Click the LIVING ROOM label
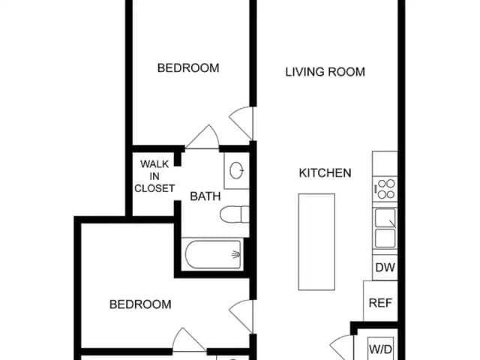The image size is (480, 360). click(x=325, y=72)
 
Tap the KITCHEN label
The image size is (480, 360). click(x=325, y=173)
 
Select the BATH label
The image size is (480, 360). click(x=205, y=196)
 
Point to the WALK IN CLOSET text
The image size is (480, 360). click(x=154, y=176)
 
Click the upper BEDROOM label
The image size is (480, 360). click(x=188, y=68)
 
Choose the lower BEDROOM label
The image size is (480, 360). click(x=140, y=304)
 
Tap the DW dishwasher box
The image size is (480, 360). click(x=385, y=267)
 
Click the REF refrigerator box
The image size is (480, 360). click(x=380, y=301)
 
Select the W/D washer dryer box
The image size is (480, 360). click(x=380, y=349)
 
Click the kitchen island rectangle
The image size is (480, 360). click(x=316, y=241)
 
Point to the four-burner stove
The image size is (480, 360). click(x=385, y=189)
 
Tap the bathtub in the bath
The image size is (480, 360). click(x=213, y=254)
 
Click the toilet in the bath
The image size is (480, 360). click(x=235, y=214)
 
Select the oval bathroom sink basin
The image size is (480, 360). click(x=237, y=170)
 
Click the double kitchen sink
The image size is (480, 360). click(x=385, y=228)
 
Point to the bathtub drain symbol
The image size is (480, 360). click(x=236, y=254)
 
